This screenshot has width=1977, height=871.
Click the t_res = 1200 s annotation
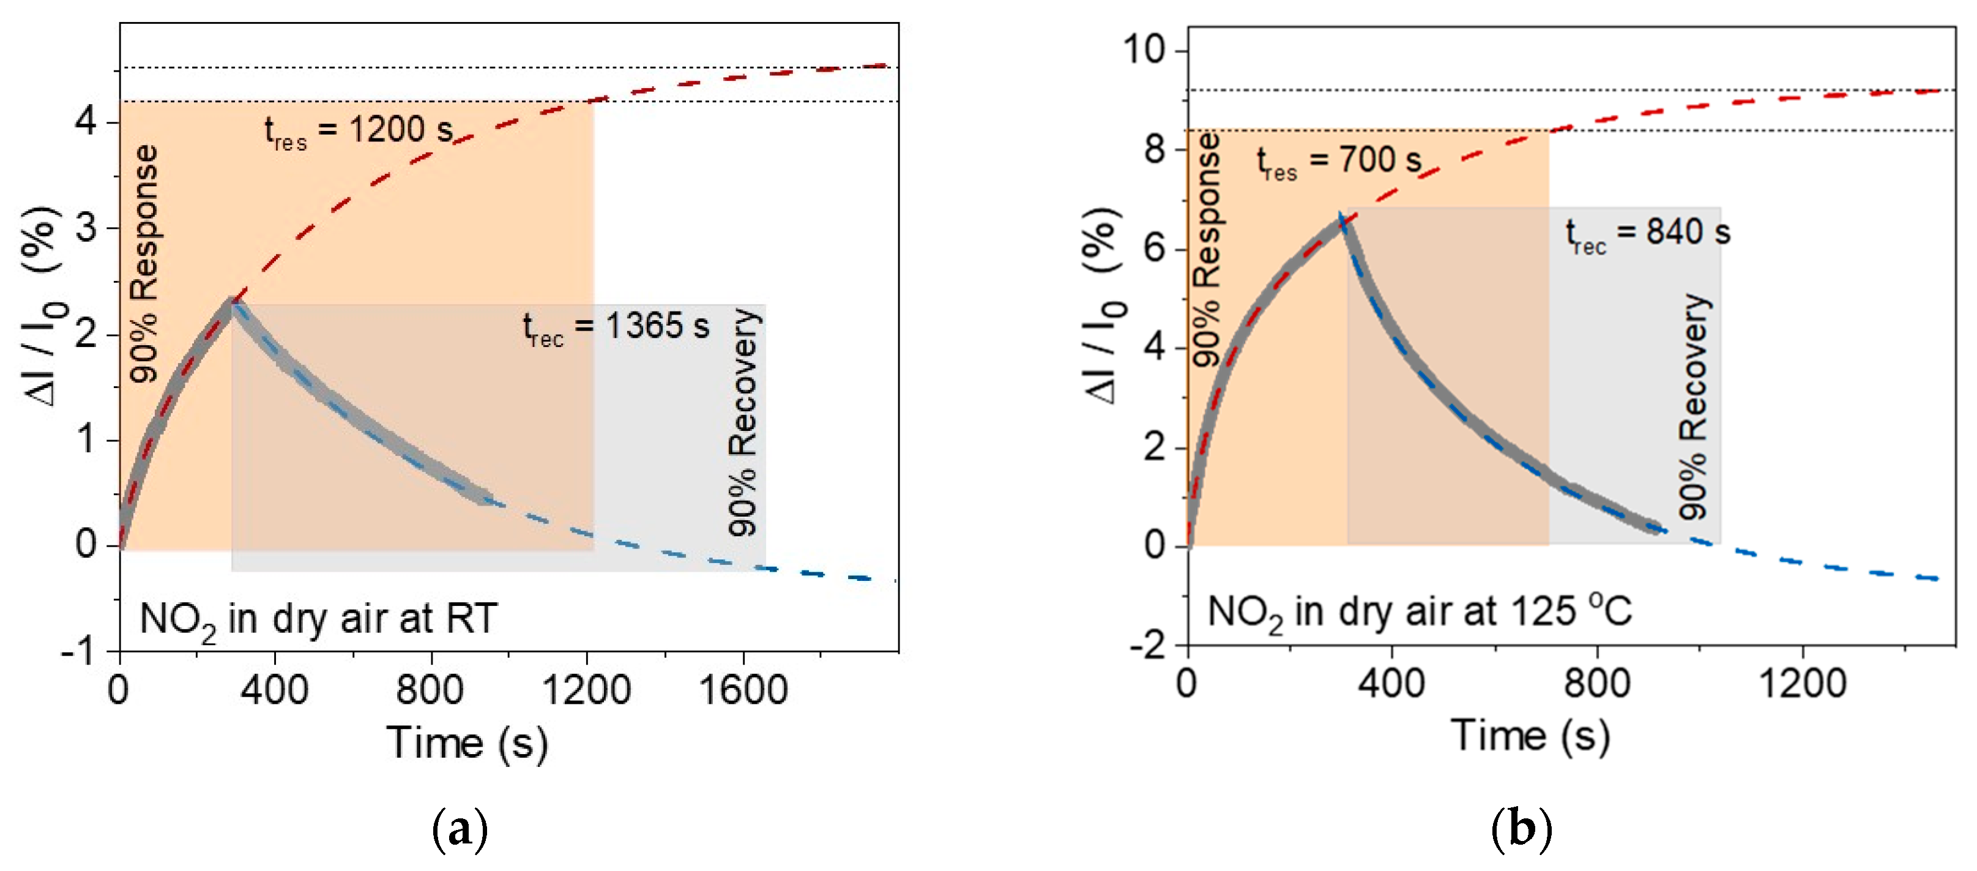click(x=359, y=132)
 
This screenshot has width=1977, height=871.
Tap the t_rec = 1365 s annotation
click(x=616, y=329)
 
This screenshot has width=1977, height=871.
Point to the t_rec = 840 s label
click(x=1648, y=234)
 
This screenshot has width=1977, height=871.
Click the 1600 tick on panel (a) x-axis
click(x=743, y=689)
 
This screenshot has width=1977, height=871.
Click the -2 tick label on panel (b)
click(x=1147, y=646)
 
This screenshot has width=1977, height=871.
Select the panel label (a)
click(x=460, y=829)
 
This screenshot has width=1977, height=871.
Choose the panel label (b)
click(x=1521, y=829)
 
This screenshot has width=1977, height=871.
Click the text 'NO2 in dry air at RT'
click(x=319, y=620)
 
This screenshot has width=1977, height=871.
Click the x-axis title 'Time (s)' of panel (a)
click(x=467, y=743)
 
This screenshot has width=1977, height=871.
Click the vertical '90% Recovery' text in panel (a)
click(x=743, y=422)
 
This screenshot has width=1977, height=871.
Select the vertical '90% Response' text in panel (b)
click(x=1207, y=249)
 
